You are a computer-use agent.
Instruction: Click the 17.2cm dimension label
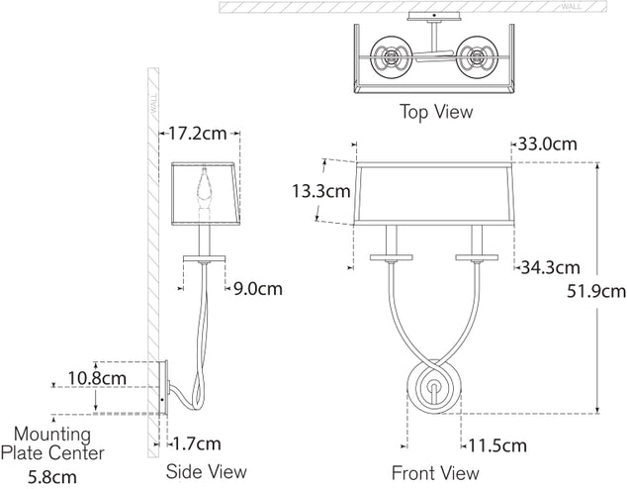[x=201, y=132]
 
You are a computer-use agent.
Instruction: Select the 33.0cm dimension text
[x=545, y=144]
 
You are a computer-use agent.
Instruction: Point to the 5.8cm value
[x=52, y=476]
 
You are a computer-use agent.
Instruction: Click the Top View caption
[x=435, y=111]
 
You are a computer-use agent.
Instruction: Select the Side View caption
[x=207, y=471]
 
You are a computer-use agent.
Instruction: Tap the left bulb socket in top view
[x=388, y=54]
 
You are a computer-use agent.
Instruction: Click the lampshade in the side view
[x=207, y=193]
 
